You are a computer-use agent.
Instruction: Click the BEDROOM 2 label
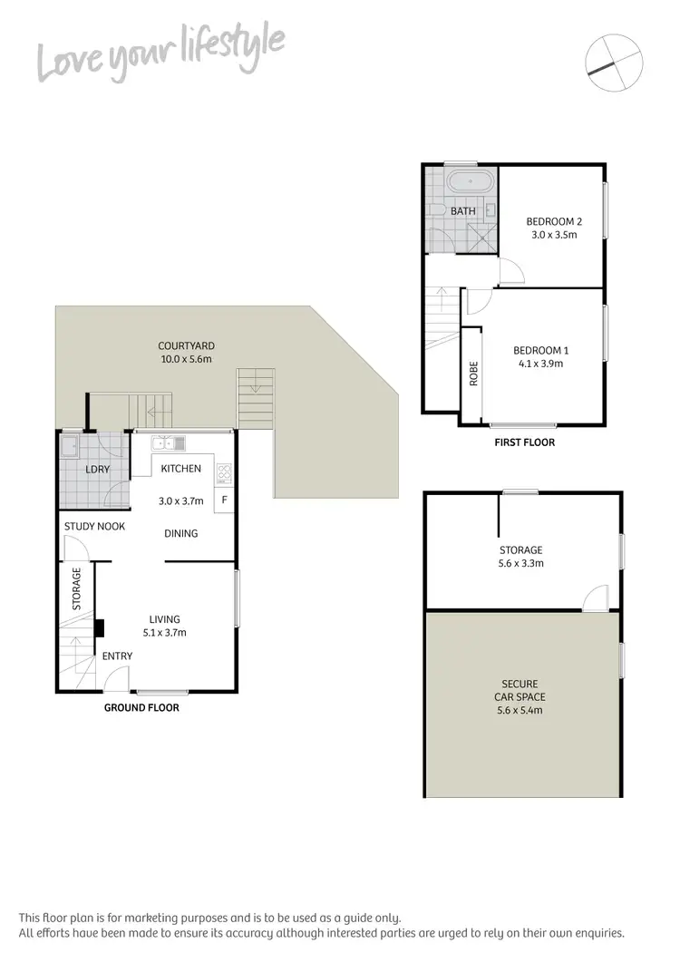click(553, 221)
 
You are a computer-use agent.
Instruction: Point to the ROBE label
click(473, 374)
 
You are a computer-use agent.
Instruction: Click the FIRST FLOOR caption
click(524, 442)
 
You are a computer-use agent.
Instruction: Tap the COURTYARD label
click(186, 345)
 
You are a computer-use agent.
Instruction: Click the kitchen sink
click(169, 443)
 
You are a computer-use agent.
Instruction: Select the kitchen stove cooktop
click(224, 472)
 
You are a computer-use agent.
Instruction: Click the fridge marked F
click(224, 500)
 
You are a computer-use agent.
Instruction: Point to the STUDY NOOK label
click(94, 526)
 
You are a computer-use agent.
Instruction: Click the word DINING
click(181, 533)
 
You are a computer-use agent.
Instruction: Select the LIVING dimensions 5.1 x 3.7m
click(164, 633)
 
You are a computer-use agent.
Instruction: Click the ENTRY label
click(117, 656)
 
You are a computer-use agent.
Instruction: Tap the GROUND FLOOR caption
click(141, 707)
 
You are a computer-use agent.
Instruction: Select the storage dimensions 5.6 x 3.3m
click(520, 563)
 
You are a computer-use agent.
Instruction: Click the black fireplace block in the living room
click(100, 628)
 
